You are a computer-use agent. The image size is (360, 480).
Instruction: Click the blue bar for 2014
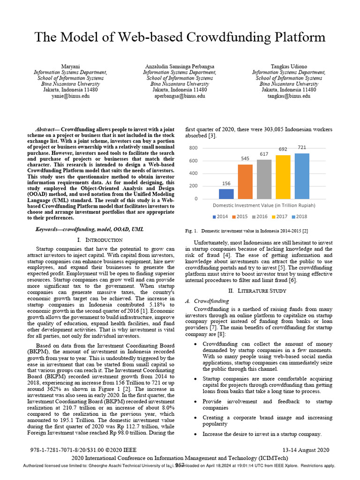[x=226, y=194]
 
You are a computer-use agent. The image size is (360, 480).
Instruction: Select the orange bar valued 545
[x=245, y=181]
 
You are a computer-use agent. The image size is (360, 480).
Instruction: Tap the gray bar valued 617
[x=264, y=179]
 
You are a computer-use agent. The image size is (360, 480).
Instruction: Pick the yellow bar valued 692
[x=283, y=177]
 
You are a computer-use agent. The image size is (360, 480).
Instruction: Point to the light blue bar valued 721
[x=302, y=176]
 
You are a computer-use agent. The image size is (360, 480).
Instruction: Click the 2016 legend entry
[x=260, y=217]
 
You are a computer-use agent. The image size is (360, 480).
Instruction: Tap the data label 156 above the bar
[x=226, y=184]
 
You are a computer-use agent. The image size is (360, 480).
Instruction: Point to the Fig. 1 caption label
[x=193, y=231]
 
